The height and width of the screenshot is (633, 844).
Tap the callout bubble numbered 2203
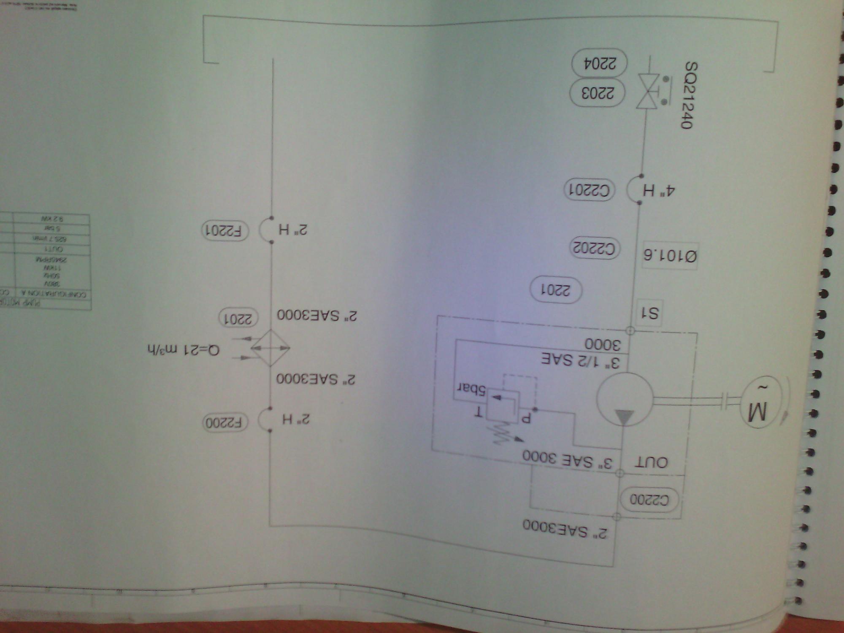click(598, 93)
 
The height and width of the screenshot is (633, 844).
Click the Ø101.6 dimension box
click(670, 255)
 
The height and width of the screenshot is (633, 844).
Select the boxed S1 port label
click(649, 313)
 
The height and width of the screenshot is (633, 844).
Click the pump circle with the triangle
click(624, 399)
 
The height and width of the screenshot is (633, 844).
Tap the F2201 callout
click(225, 230)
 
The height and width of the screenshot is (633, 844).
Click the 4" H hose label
click(658, 191)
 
